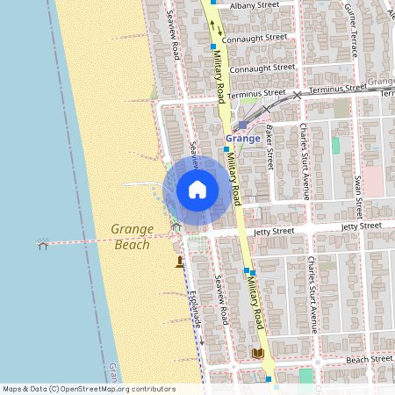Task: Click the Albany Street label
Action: (254, 5)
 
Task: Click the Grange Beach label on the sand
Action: (132, 237)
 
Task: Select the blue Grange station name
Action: (242, 139)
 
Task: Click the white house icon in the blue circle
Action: (197, 190)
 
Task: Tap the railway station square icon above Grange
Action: (243, 125)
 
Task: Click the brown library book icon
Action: (258, 353)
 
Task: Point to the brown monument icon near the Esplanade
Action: (180, 261)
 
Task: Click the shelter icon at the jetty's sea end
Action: (43, 244)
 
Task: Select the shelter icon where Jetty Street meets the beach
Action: (176, 226)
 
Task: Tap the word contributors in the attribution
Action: (154, 389)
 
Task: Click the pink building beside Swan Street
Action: (373, 181)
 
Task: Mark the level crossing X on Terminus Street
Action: (298, 94)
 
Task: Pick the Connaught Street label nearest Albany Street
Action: (258, 38)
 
